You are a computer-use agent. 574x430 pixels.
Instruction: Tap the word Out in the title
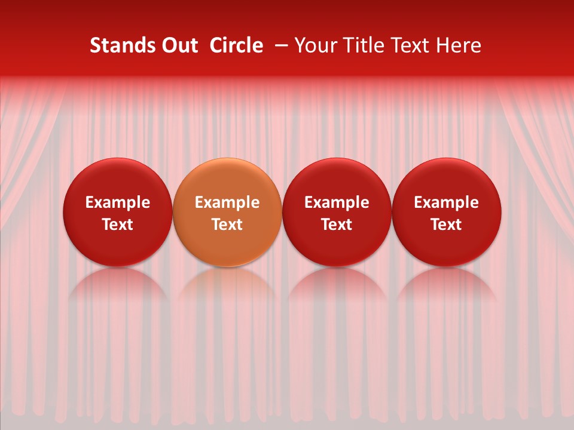pos(181,45)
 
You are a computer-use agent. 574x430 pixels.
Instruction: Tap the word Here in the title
pos(458,45)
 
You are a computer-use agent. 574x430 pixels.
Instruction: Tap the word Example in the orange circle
pos(227,202)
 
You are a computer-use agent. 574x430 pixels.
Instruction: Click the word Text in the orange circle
pos(227,225)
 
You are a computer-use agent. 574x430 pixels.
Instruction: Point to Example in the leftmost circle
pos(118,202)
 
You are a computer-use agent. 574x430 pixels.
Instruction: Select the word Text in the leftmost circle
pos(118,225)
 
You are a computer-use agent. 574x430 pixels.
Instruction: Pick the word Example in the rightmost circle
pos(447,202)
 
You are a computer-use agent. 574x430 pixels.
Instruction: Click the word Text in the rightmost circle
pos(447,225)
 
